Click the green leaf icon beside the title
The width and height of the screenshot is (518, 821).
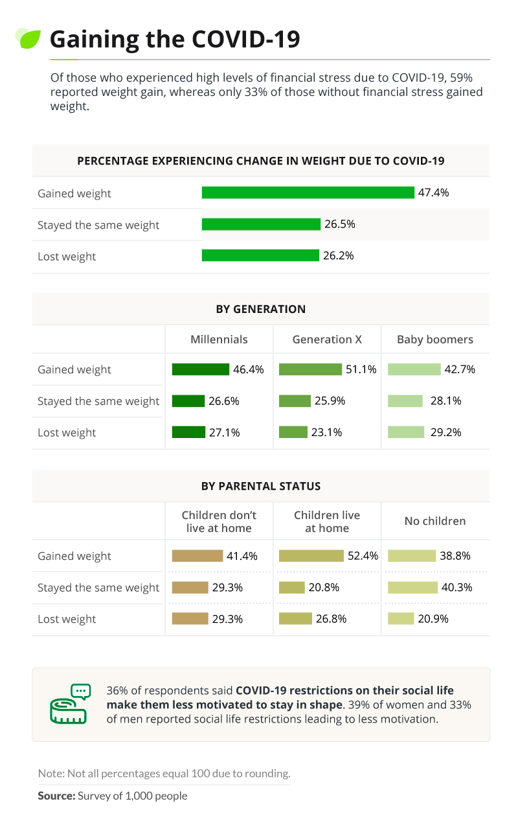pos(28,38)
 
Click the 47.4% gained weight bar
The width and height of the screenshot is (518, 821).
pos(308,192)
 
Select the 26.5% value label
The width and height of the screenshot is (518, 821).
pos(339,224)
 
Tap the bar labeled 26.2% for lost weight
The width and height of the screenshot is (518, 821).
pos(260,255)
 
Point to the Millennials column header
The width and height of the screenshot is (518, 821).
pos(219,340)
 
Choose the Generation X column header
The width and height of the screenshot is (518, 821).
pos(327,340)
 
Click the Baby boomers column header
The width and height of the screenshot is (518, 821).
pos(435,340)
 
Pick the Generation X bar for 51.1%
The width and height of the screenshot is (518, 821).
pos(310,369)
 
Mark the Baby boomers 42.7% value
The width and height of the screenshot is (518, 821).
pos(460,369)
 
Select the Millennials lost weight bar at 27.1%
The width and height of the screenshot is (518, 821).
pos(188,432)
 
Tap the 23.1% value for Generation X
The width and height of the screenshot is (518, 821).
pos(326,432)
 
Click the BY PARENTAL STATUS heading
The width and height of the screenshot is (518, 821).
pos(261,486)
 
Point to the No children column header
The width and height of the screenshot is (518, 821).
pos(435,521)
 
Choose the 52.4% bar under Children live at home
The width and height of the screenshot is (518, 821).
pos(311,555)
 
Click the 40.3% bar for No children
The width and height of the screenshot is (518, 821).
pos(413,587)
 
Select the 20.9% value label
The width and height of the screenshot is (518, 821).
pos(433,619)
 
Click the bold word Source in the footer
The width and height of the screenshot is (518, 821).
pos(56,796)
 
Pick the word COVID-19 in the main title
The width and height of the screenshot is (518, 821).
pos(246,39)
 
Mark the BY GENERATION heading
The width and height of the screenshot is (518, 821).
pos(261,309)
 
